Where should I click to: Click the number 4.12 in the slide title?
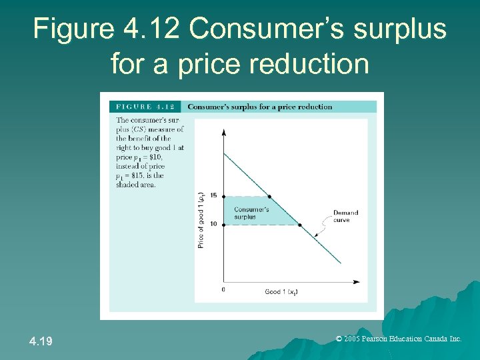(x=151, y=29)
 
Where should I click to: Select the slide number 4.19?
(x=41, y=341)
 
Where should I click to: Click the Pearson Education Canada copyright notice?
(x=399, y=339)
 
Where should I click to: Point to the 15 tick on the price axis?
(x=213, y=195)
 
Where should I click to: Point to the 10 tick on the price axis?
(x=213, y=224)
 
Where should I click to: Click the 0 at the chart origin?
(x=223, y=289)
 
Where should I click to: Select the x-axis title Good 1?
(x=281, y=292)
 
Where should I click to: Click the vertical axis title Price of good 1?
(x=201, y=220)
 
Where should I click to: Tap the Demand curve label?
(x=345, y=216)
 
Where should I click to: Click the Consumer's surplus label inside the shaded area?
(x=251, y=213)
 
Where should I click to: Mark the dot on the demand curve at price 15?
(x=269, y=196)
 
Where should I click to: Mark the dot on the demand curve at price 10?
(x=299, y=225)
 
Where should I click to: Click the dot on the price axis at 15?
(x=223, y=196)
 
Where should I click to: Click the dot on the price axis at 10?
(x=223, y=225)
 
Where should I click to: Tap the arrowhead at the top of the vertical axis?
(x=223, y=132)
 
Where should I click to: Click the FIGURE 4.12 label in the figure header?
(x=145, y=107)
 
